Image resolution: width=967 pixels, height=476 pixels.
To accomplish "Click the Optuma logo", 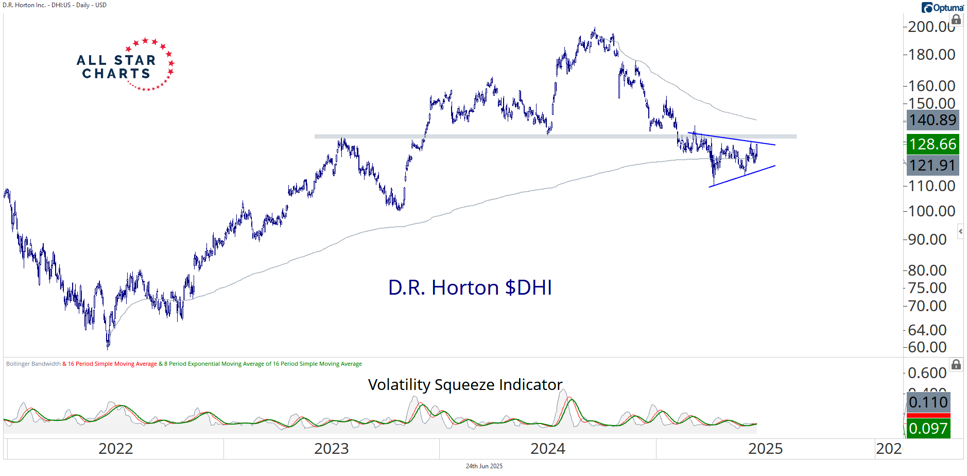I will [x=942, y=8].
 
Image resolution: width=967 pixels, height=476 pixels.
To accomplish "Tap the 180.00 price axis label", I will [x=931, y=55].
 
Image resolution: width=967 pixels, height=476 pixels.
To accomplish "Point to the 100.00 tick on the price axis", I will [x=931, y=211].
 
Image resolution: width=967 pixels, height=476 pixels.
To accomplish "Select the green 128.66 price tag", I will [x=933, y=144].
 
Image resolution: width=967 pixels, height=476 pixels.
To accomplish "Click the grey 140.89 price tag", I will [x=933, y=120].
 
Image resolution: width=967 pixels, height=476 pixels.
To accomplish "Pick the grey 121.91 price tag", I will [x=933, y=165].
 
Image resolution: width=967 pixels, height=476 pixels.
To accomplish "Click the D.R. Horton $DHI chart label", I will [x=470, y=287].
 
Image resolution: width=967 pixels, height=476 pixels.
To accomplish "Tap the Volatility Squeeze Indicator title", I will [x=465, y=385].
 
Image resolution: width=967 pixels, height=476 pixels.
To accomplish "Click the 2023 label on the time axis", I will [x=331, y=449].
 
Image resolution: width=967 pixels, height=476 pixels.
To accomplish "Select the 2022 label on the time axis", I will [x=115, y=449].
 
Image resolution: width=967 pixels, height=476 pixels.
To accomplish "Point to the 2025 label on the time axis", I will [x=765, y=449].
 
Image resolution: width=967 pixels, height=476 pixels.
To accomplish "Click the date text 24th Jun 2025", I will [x=484, y=466].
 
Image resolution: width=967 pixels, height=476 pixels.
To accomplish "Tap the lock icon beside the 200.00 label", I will [x=956, y=20].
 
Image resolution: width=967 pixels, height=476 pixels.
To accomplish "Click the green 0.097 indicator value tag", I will [x=928, y=429].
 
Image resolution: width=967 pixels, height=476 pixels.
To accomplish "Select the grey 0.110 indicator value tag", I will [x=928, y=402].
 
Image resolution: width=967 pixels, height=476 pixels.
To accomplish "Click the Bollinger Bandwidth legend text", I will [x=33, y=364].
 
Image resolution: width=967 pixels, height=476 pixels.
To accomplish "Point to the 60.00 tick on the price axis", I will [x=927, y=347].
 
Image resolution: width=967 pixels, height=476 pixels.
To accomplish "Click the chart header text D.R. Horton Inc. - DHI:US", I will [x=37, y=5].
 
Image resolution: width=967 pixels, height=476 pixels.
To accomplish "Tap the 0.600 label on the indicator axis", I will [x=927, y=373].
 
